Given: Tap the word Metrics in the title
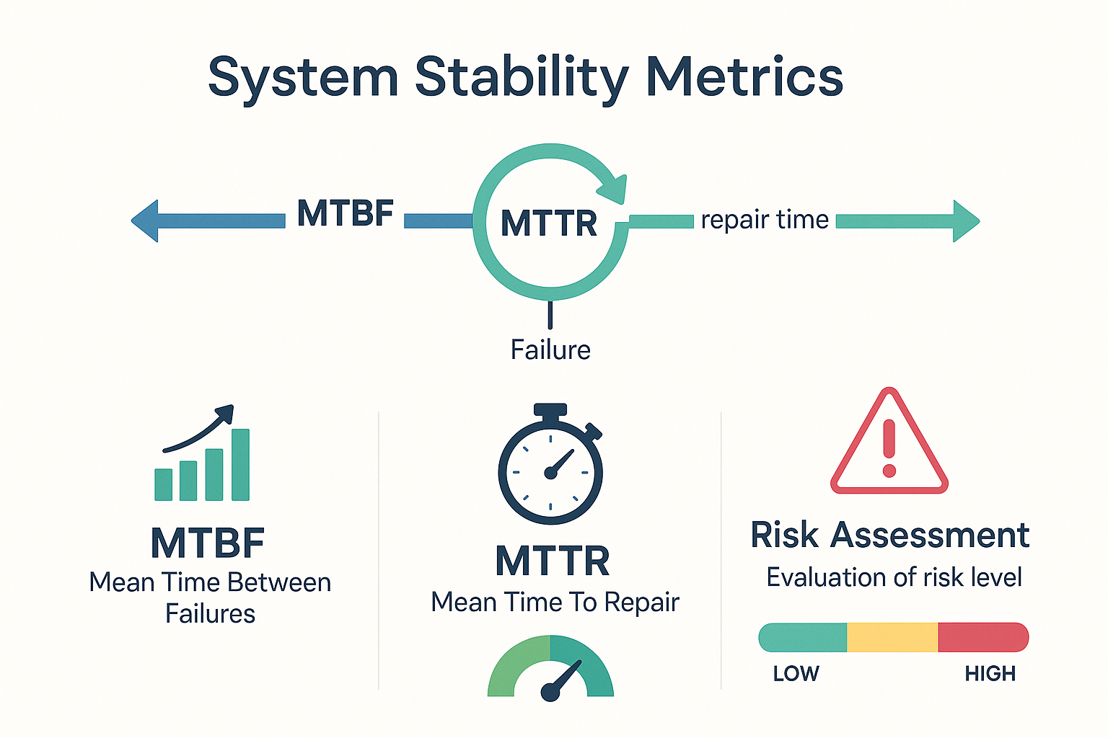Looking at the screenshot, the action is [x=745, y=76].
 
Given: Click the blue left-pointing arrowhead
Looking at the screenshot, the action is [x=144, y=221].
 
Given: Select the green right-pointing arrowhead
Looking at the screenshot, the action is [x=967, y=221].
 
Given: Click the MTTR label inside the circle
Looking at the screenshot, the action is [x=549, y=223].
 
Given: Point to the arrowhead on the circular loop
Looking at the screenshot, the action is [x=612, y=190].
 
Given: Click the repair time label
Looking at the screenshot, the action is [x=765, y=220].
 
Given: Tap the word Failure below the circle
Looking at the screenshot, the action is [x=550, y=350].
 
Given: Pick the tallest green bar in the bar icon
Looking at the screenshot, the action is [x=240, y=465].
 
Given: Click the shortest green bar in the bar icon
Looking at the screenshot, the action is [x=163, y=484].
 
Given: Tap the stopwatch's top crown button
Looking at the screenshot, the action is [x=550, y=410].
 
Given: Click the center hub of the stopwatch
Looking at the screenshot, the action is [x=550, y=473].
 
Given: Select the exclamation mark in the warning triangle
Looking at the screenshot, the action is [x=889, y=448].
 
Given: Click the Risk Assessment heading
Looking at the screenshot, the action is [x=890, y=535].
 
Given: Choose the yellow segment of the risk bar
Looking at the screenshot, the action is [x=892, y=637].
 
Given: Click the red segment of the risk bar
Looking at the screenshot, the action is [x=983, y=637].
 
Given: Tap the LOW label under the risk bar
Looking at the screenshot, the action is [x=796, y=674].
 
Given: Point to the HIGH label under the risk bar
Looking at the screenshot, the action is [x=990, y=674].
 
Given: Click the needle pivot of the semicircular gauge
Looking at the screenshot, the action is [x=550, y=692].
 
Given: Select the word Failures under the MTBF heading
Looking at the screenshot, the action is [x=210, y=614].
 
